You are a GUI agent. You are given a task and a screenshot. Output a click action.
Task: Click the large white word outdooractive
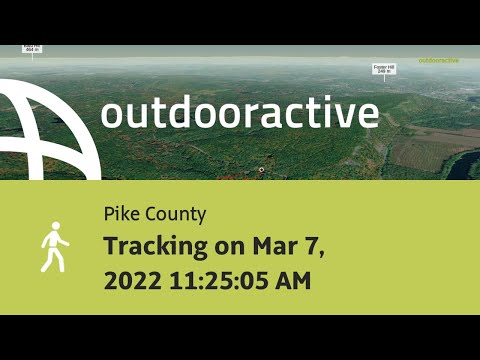coord(239,113)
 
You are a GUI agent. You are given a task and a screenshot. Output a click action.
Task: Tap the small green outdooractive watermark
coord(438,60)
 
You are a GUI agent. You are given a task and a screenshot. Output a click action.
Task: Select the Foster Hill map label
coord(385,69)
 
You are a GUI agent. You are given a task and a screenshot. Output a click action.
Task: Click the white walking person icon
coord(54,246)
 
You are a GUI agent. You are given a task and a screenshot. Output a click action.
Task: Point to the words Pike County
coord(154,214)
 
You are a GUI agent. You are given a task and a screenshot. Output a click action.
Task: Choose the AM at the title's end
coord(291,281)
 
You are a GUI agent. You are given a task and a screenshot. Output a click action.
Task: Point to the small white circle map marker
coord(262,170)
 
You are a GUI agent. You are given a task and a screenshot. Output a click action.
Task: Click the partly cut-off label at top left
coord(32,48)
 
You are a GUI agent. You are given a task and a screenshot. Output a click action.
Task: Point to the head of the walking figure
coord(55,227)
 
